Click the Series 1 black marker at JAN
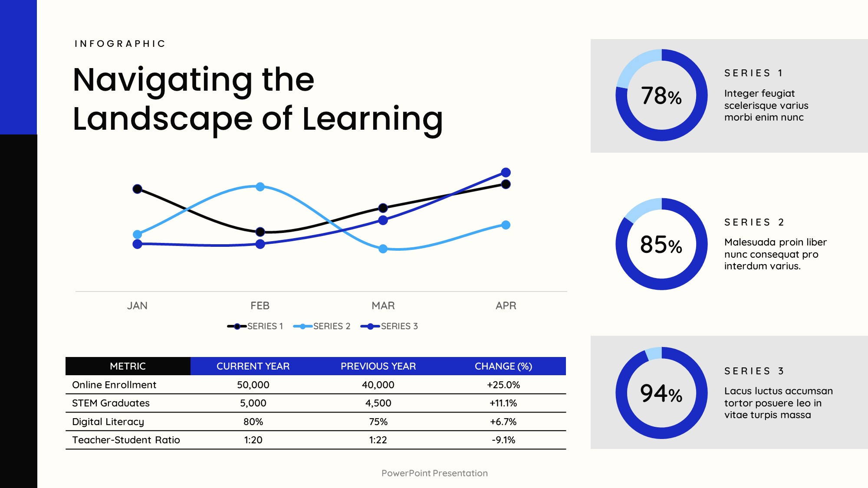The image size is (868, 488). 137,189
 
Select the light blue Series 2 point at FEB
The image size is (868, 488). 260,187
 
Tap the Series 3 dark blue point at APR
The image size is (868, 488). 506,172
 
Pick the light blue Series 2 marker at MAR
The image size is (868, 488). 383,249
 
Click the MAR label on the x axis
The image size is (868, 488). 383,306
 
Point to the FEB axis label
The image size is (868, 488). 260,306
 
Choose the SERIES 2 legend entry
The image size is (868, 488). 322,326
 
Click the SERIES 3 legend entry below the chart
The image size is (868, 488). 389,326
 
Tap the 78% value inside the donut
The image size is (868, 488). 661,96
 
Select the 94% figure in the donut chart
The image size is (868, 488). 661,393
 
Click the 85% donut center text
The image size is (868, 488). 661,245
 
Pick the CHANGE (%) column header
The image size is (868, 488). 503,366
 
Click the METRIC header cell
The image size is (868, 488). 128,366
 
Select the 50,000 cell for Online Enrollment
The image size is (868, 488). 253,385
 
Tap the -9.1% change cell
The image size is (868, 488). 503,440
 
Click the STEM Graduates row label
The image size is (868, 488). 111,403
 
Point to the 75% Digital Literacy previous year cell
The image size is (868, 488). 378,422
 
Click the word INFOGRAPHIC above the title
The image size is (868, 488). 120,44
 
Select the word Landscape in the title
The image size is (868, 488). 162,119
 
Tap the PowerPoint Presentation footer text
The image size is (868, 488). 434,473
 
